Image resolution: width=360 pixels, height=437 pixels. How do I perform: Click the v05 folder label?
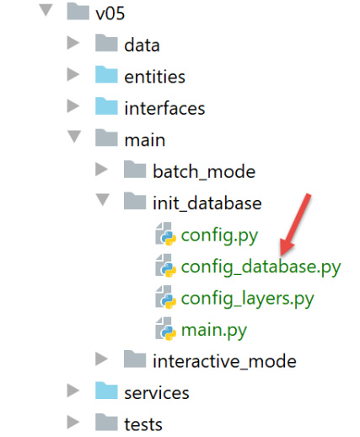pyautogui.click(x=110, y=13)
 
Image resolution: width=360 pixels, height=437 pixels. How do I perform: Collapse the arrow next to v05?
pyautogui.click(x=46, y=10)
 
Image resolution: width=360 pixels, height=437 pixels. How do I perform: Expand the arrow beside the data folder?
pyautogui.click(x=73, y=43)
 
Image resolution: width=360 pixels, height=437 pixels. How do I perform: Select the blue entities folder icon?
pyautogui.click(x=106, y=74)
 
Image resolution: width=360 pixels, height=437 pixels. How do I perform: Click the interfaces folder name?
pyautogui.click(x=164, y=108)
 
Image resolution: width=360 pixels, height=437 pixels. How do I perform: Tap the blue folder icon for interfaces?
pyautogui.click(x=106, y=106)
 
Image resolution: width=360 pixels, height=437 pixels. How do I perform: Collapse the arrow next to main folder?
pyautogui.click(x=74, y=137)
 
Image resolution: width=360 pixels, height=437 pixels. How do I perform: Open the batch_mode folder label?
pyautogui.click(x=204, y=171)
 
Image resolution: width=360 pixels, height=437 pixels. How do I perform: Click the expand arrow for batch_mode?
pyautogui.click(x=101, y=170)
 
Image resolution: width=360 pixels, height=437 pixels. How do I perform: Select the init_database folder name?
pyautogui.click(x=207, y=203)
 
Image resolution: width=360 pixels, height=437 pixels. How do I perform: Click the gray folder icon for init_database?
pyautogui.click(x=135, y=201)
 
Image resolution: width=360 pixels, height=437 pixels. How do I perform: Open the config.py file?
pyautogui.click(x=219, y=235)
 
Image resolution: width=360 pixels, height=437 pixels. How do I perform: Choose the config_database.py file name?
pyautogui.click(x=261, y=267)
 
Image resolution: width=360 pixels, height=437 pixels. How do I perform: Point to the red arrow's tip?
pyautogui.click(x=281, y=256)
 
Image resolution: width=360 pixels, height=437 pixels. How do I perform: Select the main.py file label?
pyautogui.click(x=214, y=330)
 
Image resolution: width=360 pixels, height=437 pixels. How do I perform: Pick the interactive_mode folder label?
pyautogui.click(x=224, y=361)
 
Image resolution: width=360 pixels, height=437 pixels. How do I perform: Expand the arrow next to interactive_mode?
pyautogui.click(x=101, y=359)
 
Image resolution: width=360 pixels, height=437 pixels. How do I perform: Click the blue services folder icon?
pyautogui.click(x=106, y=391)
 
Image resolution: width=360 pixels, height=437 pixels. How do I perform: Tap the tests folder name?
pyautogui.click(x=143, y=424)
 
